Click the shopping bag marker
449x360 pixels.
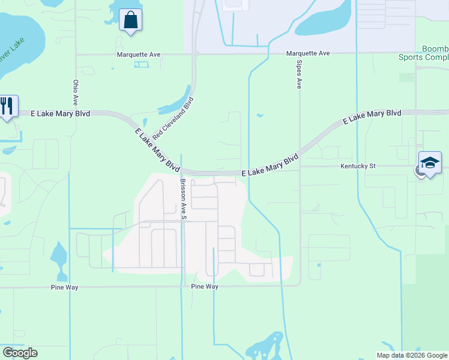[130, 20]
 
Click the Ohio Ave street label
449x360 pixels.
[76, 92]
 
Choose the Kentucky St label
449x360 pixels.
[358, 166]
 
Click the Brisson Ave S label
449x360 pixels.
[181, 199]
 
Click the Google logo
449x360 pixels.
[20, 353]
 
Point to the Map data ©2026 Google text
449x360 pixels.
[411, 355]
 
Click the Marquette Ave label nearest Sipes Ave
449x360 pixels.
[308, 53]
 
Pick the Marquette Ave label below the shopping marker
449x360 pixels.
[139, 55]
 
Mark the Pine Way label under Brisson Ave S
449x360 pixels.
[205, 287]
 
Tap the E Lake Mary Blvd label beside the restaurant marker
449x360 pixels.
[53, 113]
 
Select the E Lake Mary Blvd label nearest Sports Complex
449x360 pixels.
[372, 116]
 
